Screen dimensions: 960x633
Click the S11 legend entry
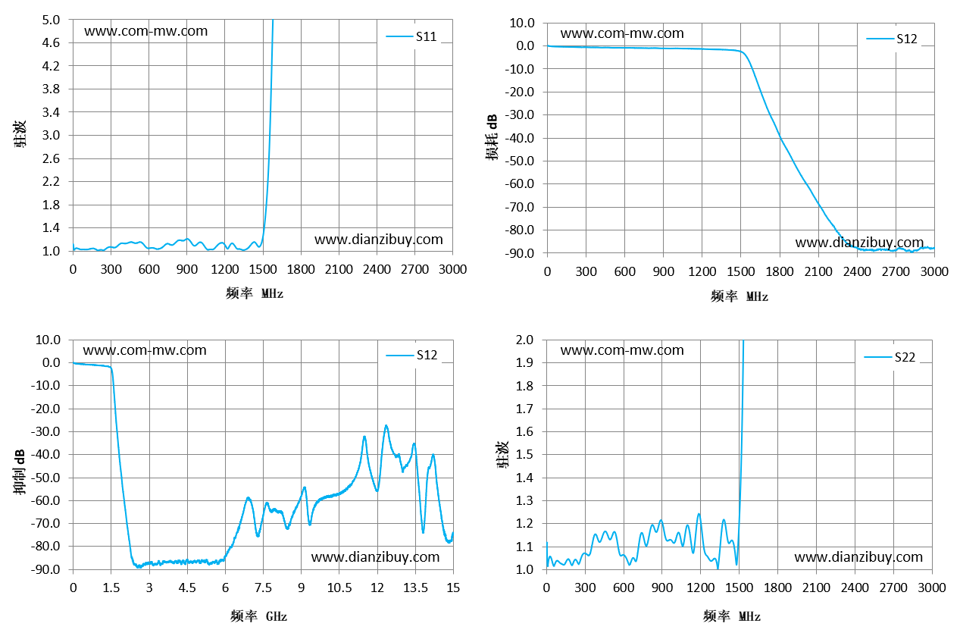tap(411, 36)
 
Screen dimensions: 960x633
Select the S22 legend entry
tap(890, 357)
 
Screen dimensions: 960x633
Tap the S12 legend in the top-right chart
tap(892, 39)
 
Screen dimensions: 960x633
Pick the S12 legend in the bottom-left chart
tap(411, 355)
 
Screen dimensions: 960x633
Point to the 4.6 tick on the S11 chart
tap(51, 42)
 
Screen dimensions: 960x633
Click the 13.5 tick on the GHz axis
tap(415, 588)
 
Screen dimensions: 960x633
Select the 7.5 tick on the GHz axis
tap(263, 588)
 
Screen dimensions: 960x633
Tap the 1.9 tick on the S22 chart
tap(524, 362)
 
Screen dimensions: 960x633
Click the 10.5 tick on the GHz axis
tap(339, 588)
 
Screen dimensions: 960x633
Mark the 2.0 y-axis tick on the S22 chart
tap(524, 340)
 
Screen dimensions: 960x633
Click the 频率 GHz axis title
tap(258, 616)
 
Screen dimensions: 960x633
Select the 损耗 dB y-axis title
tap(492, 137)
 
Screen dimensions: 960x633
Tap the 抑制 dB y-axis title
tap(19, 472)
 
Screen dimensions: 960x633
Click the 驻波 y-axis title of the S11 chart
tap(20, 134)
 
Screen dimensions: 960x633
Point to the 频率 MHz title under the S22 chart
tap(732, 616)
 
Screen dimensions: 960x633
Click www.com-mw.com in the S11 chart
tap(145, 31)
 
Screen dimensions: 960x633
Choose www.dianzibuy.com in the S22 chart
tap(858, 556)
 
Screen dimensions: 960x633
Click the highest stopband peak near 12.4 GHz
tap(386, 425)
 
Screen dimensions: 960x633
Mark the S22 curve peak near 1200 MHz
tap(699, 514)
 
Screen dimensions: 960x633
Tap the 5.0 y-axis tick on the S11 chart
tap(51, 20)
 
